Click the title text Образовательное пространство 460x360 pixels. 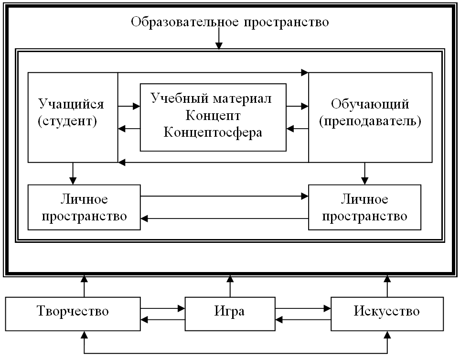(x=230, y=22)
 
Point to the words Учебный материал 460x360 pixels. (x=213, y=99)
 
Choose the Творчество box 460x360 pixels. (x=73, y=312)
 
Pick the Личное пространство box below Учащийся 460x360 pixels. (x=84, y=207)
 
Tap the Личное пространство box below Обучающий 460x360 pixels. (x=364, y=207)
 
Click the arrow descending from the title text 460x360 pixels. (x=219, y=39)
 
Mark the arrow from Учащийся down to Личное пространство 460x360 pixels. (x=73, y=174)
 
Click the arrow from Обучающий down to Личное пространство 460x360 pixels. (x=364, y=174)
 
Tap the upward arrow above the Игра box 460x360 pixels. (x=230, y=286)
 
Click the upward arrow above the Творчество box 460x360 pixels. (x=84, y=286)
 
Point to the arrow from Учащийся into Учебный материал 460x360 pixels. (x=129, y=106)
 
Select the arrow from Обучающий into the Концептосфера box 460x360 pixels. (x=297, y=128)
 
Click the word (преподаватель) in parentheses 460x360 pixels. (x=370, y=121)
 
